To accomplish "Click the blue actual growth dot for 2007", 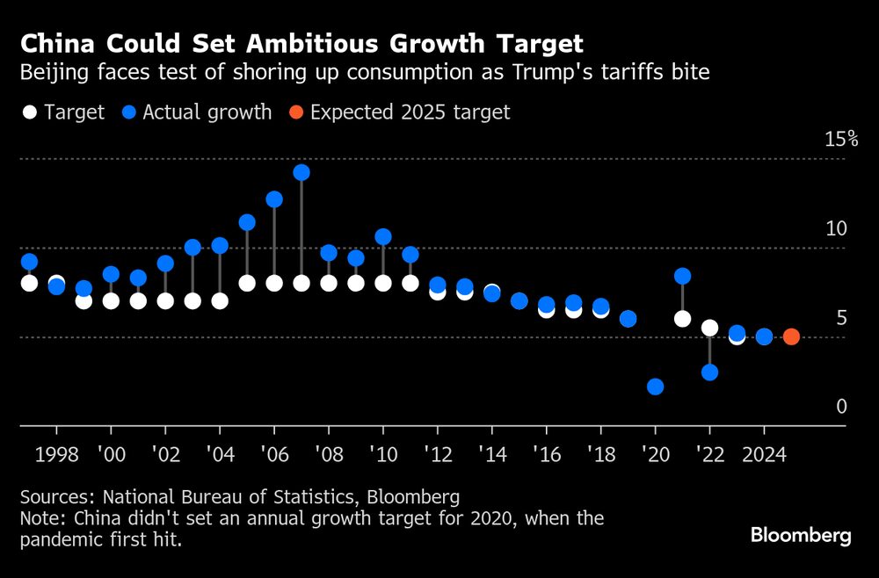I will pos(301,172).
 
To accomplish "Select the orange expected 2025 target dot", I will pos(791,336).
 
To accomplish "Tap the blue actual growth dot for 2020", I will pos(655,387).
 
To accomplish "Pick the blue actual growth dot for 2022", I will pos(709,372).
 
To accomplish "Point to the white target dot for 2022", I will pos(709,328).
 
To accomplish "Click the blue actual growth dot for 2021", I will pos(682,276).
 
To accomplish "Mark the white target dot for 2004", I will pos(220,300).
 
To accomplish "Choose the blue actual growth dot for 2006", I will pos(274,199).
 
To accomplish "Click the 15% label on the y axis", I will pos(840,140).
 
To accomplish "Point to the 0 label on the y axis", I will pos(841,407).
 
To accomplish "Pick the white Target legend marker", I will pos(29,112).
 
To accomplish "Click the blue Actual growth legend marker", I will pos(128,112).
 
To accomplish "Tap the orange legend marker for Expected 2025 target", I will pos(295,112).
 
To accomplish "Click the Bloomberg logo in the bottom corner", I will pos(801,536).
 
